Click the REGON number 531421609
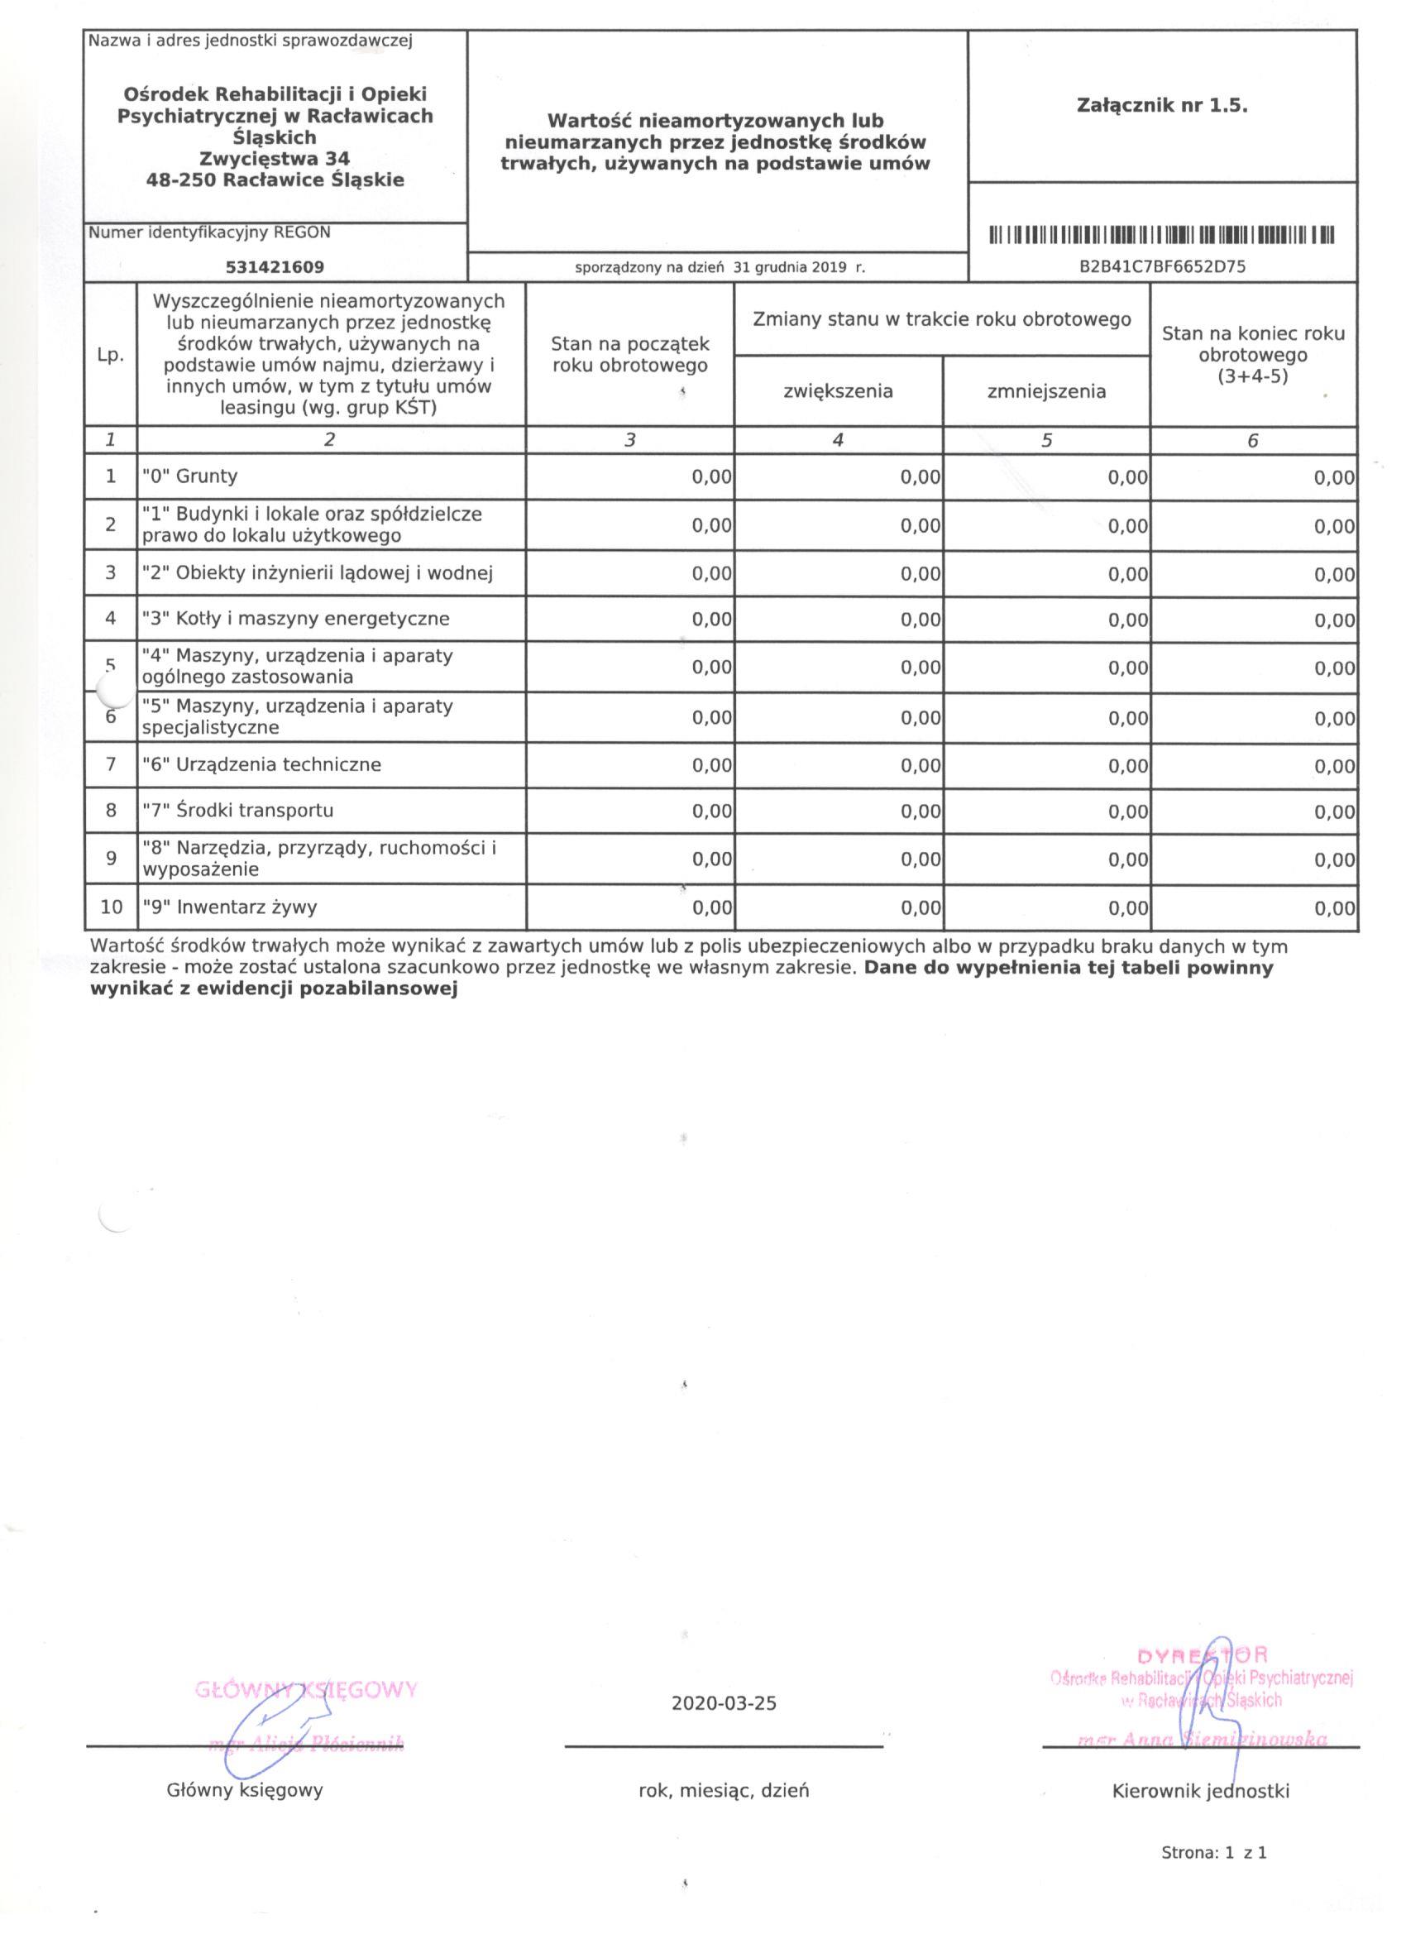coord(275,267)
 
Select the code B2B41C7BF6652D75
coord(1162,267)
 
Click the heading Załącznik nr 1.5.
coord(1162,106)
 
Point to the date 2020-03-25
coord(724,1704)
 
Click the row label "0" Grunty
coord(190,476)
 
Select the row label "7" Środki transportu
coord(238,809)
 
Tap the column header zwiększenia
coord(838,391)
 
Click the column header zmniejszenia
coord(1046,391)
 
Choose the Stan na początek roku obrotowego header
coord(630,355)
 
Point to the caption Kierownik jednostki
coord(1201,1792)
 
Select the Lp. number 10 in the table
coord(112,907)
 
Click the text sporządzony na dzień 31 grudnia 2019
coord(720,267)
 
